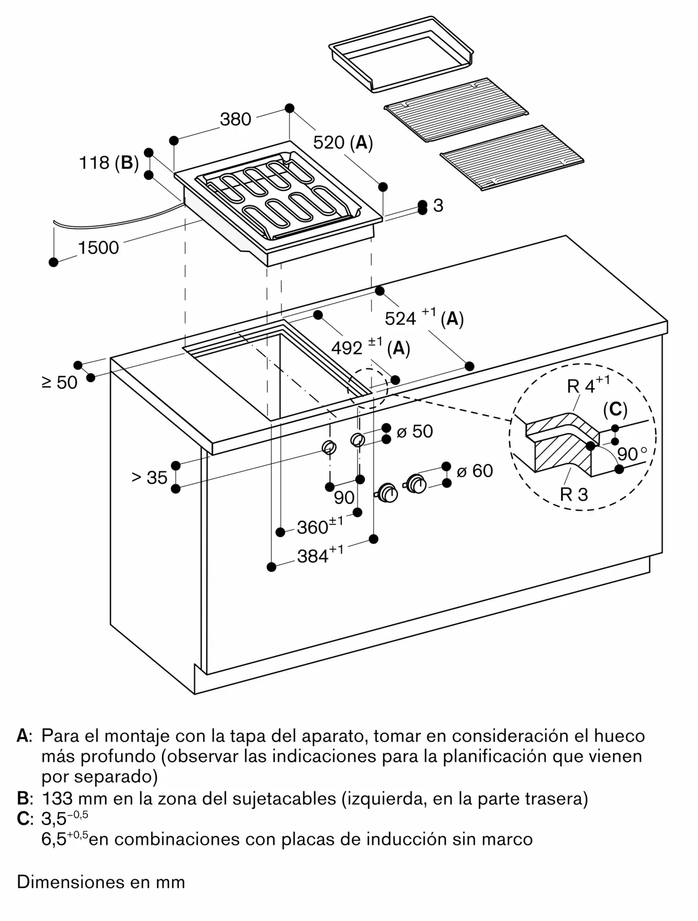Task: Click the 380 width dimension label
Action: [x=235, y=120]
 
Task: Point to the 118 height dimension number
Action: [x=94, y=163]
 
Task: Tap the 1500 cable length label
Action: [x=99, y=248]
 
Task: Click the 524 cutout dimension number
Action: [x=400, y=319]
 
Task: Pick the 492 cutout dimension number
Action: [x=347, y=348]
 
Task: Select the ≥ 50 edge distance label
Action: [x=60, y=383]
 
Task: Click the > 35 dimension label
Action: [x=149, y=478]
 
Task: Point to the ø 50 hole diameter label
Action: [x=414, y=431]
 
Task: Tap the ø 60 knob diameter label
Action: [x=475, y=471]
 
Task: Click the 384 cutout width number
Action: [x=313, y=557]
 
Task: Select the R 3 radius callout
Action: [x=574, y=495]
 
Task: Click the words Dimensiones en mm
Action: [x=101, y=882]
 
